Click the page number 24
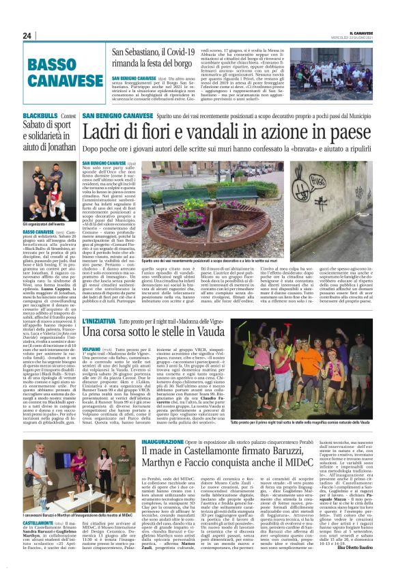[27, 36]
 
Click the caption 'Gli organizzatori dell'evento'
[44, 223]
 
